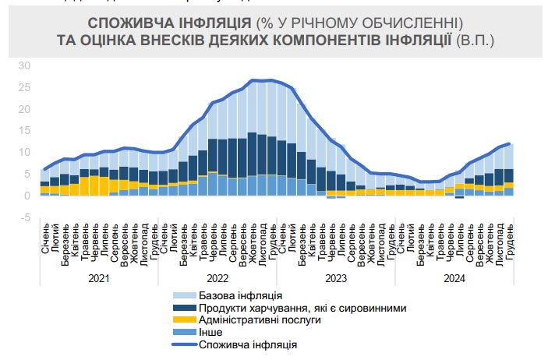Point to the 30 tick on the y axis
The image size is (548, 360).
(x=24, y=65)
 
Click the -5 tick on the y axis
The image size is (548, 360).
(x=24, y=217)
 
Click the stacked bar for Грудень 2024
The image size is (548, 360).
(x=509, y=170)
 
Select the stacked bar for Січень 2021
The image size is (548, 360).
(x=45, y=182)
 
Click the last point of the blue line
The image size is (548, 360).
(x=509, y=143)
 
